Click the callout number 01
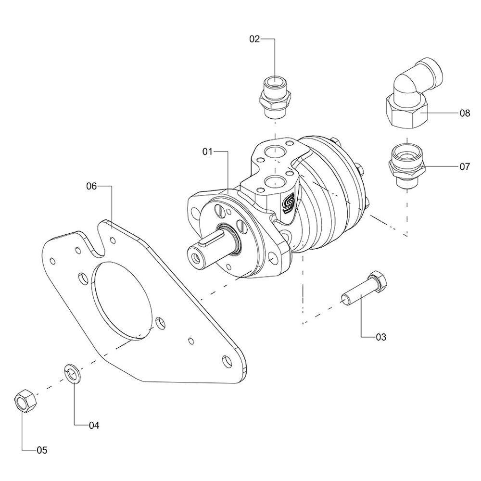[207, 152]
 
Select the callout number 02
[254, 39]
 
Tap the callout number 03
[380, 337]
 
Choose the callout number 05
[42, 451]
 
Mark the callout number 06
[92, 186]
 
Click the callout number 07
[464, 167]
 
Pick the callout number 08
[464, 114]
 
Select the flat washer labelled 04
[72, 374]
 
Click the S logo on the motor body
[288, 204]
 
